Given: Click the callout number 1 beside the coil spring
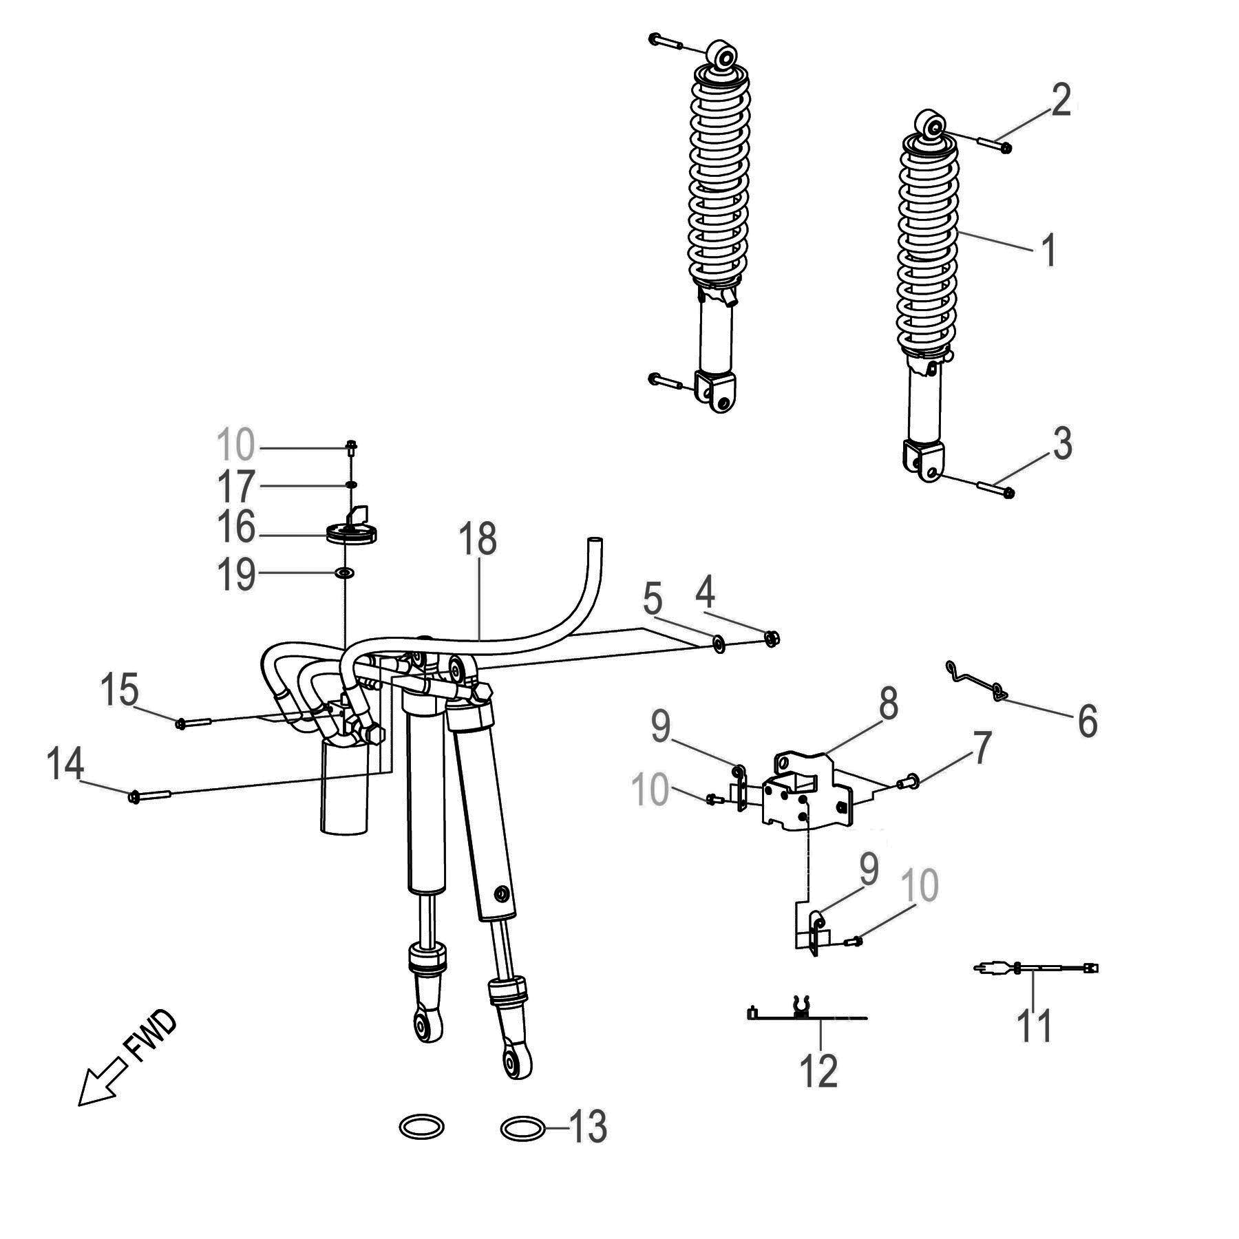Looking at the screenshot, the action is coord(1048,250).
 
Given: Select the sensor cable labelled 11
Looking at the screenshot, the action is coord(1036,968).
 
